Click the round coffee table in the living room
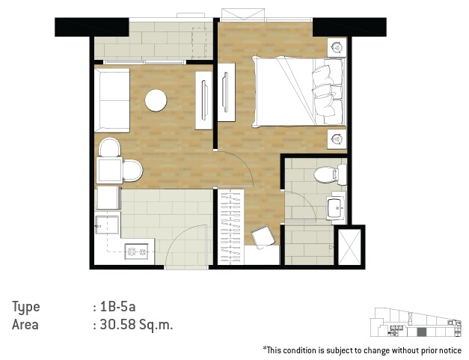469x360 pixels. (156, 100)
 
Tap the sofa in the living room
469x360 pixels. (112, 100)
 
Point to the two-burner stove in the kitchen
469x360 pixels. (137, 251)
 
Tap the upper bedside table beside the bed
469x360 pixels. (337, 47)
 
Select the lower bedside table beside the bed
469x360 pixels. (337, 139)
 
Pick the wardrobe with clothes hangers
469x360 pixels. (230, 228)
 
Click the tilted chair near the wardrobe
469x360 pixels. (263, 237)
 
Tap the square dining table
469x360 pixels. (109, 171)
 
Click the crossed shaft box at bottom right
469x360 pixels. (349, 247)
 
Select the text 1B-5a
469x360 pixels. (118, 307)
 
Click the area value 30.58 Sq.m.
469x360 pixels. (136, 325)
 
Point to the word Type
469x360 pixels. (25, 308)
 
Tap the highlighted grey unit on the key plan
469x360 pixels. (421, 332)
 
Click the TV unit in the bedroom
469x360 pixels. (226, 93)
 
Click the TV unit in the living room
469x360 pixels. (204, 100)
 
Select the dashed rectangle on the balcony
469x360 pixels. (199, 43)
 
